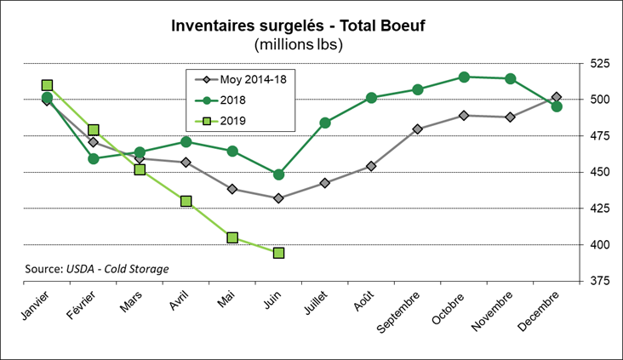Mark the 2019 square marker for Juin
click(278, 253)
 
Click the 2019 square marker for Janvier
click(47, 85)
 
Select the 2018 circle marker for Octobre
click(464, 77)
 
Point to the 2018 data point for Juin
click(278, 174)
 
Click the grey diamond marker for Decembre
click(557, 97)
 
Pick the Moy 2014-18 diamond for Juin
click(278, 198)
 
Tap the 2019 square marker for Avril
click(186, 202)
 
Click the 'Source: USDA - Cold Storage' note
click(97, 269)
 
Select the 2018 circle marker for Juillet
click(325, 123)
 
